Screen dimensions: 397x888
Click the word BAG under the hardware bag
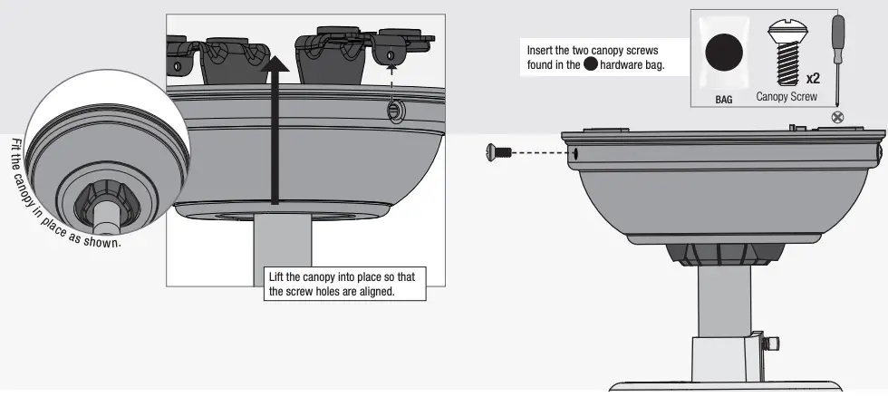click(x=724, y=99)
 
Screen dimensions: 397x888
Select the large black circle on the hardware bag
click(x=724, y=53)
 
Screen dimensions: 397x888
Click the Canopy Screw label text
click(x=787, y=97)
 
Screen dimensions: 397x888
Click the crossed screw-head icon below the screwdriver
click(x=838, y=117)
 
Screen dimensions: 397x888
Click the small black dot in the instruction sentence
click(x=591, y=66)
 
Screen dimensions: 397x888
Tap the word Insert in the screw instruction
click(x=541, y=51)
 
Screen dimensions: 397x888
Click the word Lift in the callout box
click(x=277, y=277)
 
